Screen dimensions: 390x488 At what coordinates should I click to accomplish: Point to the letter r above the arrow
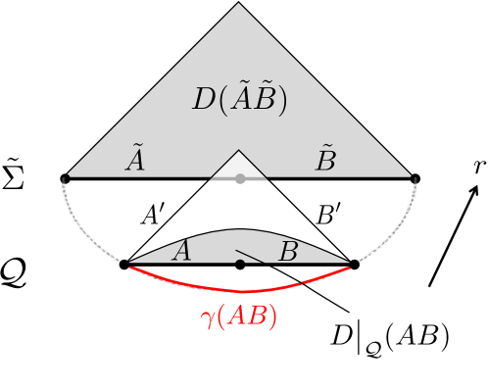477,166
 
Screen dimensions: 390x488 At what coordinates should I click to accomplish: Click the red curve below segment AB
240,291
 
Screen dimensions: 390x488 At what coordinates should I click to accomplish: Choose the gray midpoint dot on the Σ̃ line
240,178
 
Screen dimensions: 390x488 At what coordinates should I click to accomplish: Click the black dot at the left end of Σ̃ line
65,178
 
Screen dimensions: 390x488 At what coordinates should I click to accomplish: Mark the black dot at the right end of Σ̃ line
415,178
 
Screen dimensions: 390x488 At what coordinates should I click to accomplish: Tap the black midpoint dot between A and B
240,265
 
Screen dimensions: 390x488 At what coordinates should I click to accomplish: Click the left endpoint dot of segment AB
124,265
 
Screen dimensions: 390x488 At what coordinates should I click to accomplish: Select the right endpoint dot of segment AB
354,265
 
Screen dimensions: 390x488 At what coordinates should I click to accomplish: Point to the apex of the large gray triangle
239,4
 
